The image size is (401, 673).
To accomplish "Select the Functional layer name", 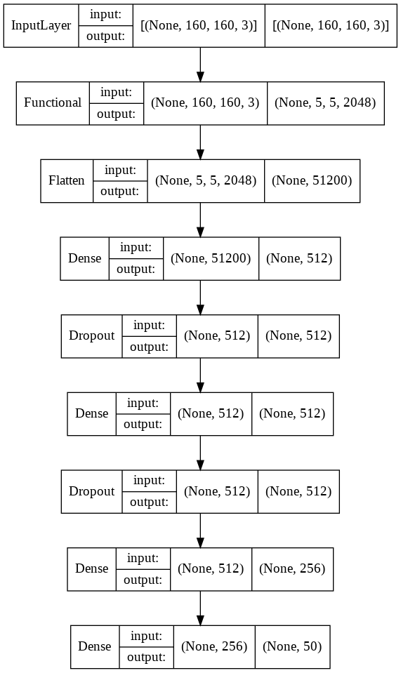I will [53, 102].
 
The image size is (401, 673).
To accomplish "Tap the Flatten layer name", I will [67, 180].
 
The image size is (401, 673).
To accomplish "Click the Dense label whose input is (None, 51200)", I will [85, 258].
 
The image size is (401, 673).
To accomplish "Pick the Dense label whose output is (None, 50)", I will [95, 646].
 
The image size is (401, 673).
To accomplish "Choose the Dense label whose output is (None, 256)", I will [92, 568].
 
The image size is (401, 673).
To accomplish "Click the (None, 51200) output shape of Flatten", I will [312, 180].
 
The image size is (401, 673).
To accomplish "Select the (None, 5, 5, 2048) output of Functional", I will [325, 102].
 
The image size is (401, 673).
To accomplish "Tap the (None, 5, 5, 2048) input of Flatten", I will [206, 180].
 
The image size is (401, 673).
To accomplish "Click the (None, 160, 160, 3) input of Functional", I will [206, 102].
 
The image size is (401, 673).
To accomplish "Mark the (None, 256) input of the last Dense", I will [214, 646].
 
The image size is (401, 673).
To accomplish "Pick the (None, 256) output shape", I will [292, 568].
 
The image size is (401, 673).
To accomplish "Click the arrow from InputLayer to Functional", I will [200, 64].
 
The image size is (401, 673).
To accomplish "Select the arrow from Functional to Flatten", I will [200, 142].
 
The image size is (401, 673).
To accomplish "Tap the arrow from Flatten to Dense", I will [200, 219].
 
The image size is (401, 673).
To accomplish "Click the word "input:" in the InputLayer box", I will [105, 15].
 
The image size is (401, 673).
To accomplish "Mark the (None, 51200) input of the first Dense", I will [211, 258].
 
